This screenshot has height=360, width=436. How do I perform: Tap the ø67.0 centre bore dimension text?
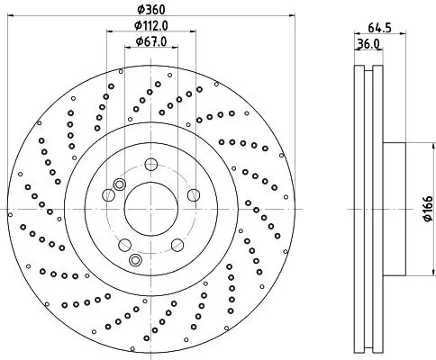(x=150, y=40)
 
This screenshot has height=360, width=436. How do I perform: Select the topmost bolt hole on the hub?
(x=151, y=165)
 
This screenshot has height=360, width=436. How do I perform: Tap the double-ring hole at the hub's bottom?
(x=135, y=260)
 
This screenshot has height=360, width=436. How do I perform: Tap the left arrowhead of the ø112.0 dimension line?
(x=109, y=32)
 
